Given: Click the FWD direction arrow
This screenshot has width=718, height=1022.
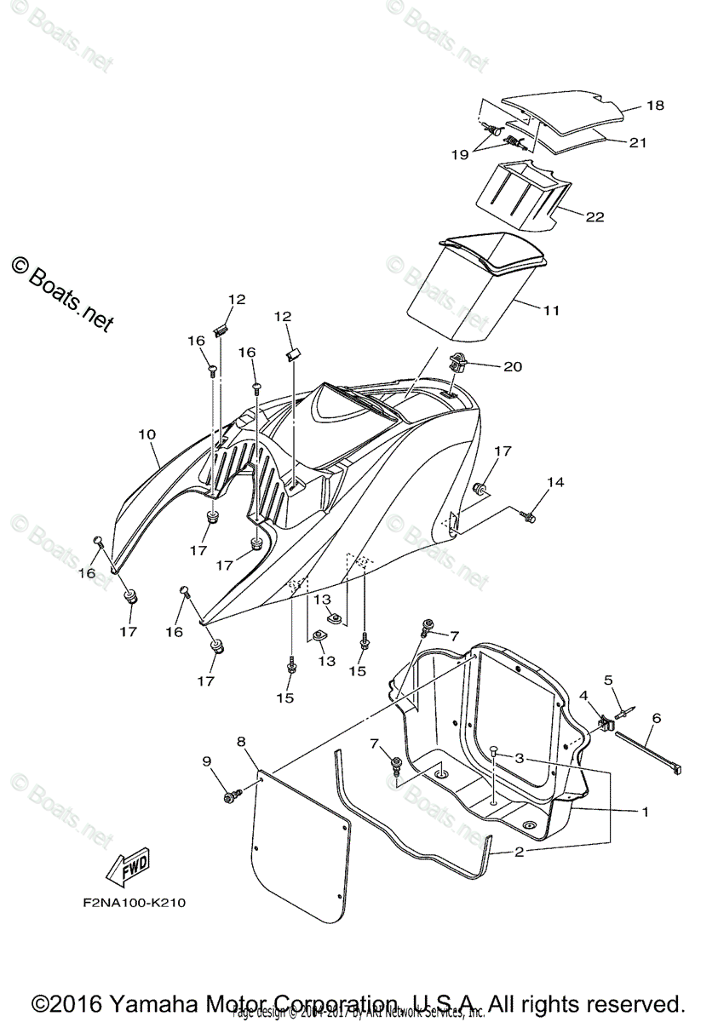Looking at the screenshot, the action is (125, 866).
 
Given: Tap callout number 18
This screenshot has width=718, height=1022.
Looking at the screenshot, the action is (654, 106).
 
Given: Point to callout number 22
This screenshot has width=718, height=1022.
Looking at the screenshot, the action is (595, 217).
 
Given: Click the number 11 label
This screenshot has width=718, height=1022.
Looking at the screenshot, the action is (551, 311).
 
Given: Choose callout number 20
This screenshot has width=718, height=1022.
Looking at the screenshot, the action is (513, 367).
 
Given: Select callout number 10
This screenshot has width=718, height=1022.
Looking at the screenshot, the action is (146, 434).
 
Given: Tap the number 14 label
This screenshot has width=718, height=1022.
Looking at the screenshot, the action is (554, 482).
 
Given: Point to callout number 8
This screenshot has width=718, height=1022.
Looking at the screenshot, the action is (242, 742).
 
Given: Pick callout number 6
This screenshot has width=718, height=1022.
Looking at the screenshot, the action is (656, 718).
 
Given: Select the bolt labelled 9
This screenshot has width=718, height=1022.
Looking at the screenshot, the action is (230, 795).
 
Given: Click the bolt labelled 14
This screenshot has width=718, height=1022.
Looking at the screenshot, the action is (529, 515).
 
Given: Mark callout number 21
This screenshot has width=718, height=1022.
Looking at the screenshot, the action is (638, 143).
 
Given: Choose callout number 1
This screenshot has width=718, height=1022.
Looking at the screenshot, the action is (645, 812).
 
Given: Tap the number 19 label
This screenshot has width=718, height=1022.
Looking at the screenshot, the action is (460, 154).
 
